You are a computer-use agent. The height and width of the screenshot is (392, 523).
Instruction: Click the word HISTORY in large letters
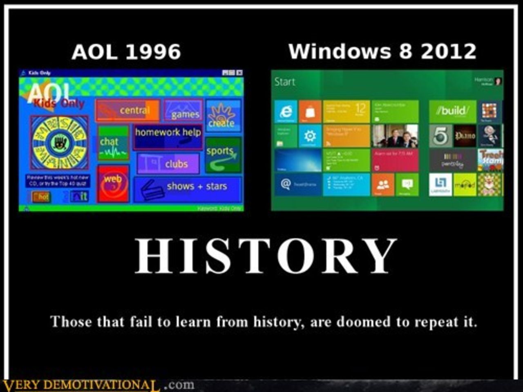point(266,256)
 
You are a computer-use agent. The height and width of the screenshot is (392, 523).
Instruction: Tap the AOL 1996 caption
point(126,52)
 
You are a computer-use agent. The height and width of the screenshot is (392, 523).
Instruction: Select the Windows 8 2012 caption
point(382,51)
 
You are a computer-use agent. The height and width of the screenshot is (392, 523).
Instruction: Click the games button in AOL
point(183,110)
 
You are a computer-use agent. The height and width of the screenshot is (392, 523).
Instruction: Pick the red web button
point(113,183)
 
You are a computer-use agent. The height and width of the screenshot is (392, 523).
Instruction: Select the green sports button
point(223,155)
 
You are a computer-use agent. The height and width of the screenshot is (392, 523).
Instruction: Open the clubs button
point(168,163)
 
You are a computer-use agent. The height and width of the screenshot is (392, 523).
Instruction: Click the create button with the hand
point(223,116)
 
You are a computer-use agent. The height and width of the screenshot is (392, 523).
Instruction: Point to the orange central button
point(127,111)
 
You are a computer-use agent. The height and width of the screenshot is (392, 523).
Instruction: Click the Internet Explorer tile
point(286,111)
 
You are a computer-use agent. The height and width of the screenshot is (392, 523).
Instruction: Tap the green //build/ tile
point(452,111)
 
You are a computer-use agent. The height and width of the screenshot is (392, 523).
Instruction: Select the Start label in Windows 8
point(284,82)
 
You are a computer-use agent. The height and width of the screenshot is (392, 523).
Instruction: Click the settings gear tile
point(310,136)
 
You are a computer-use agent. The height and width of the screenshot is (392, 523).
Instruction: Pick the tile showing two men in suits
point(395,136)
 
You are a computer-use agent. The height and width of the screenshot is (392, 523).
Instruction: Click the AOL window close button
point(239,73)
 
